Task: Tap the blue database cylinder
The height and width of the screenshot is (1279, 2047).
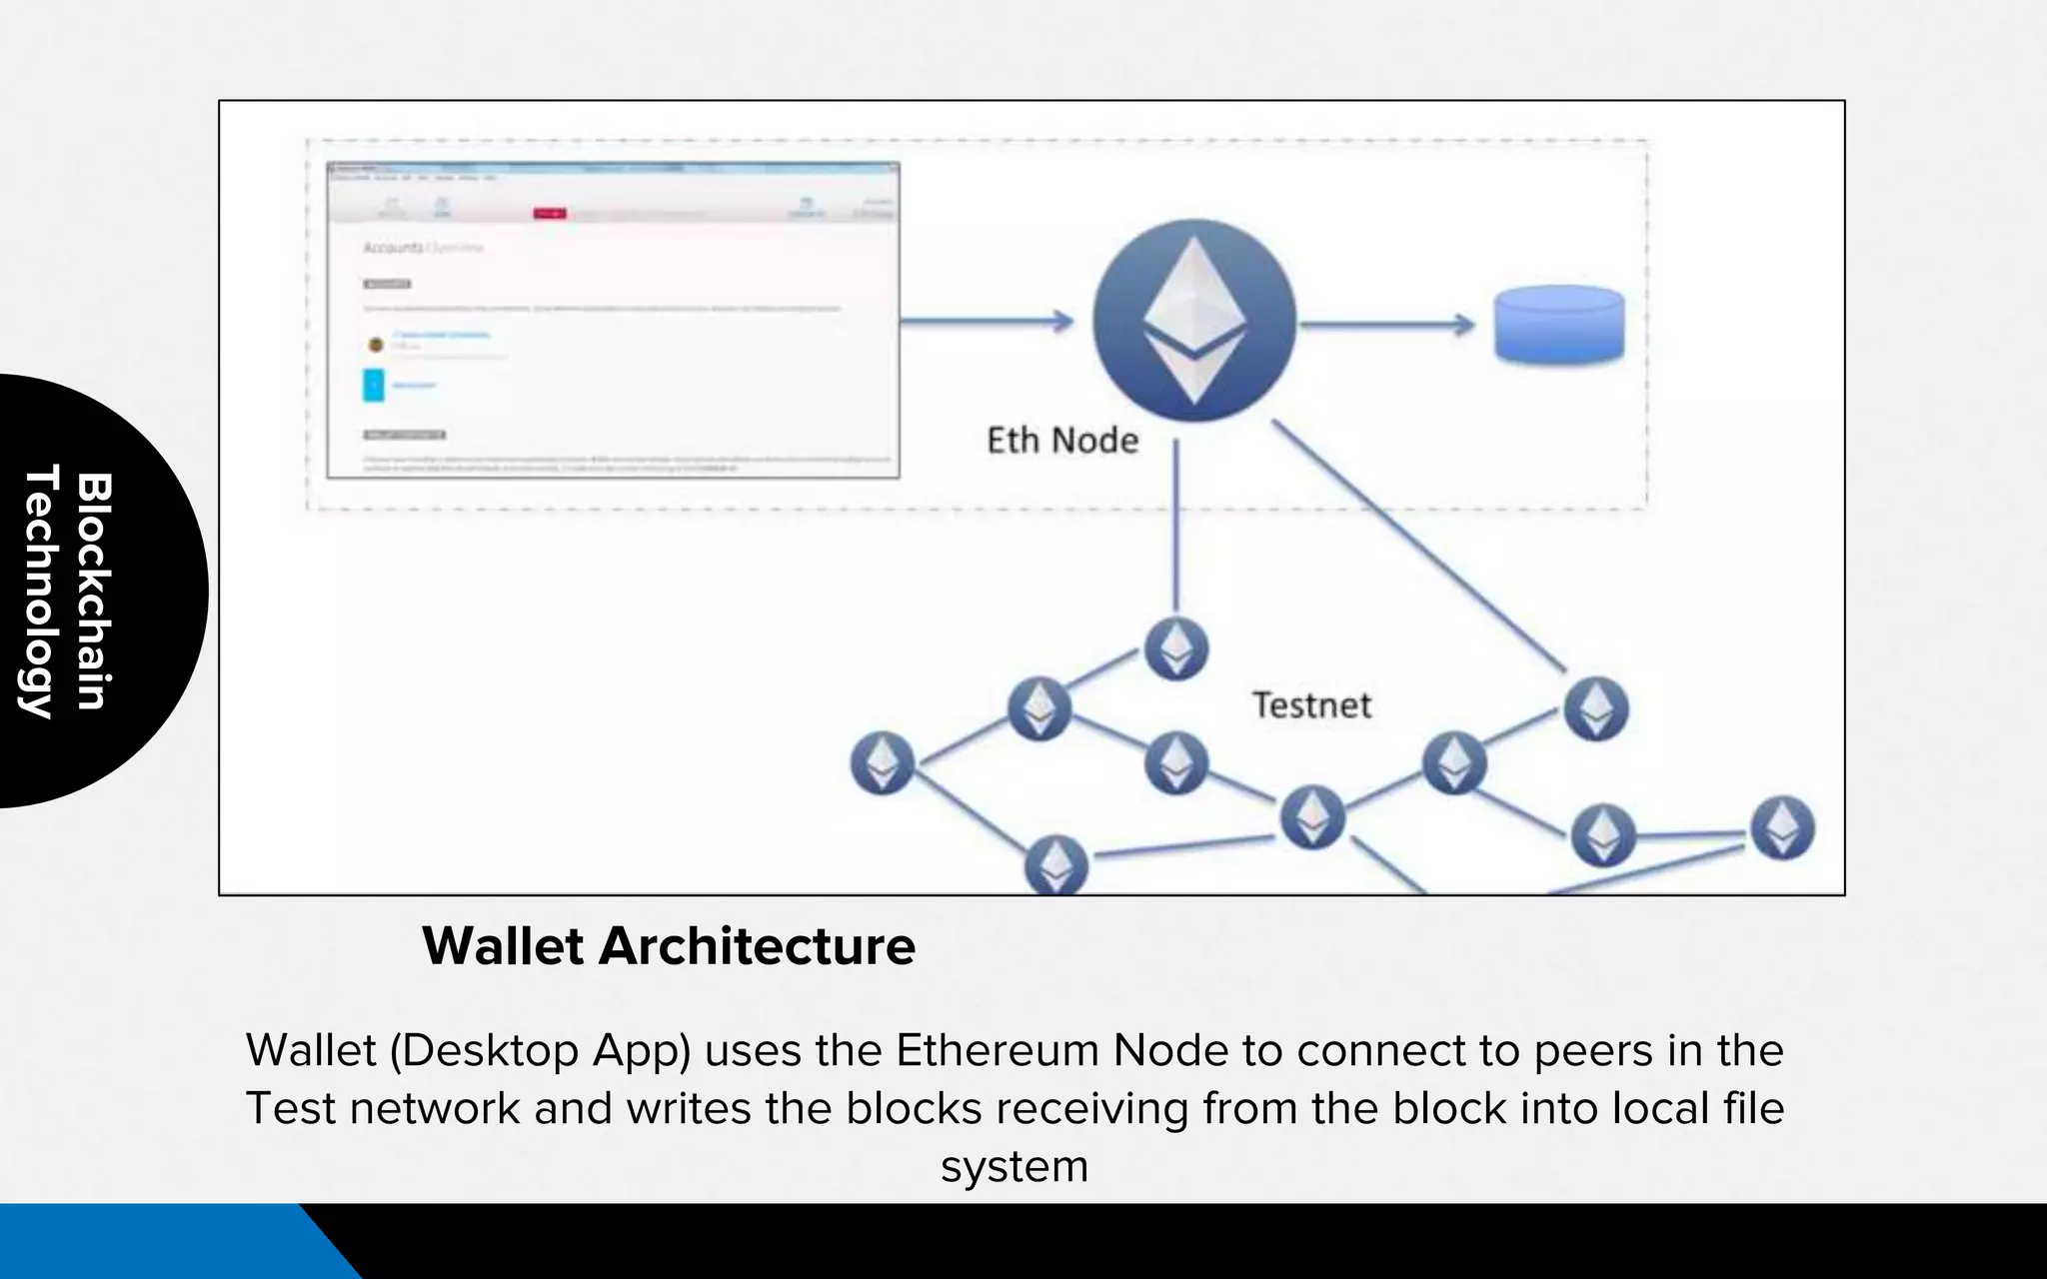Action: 1558,325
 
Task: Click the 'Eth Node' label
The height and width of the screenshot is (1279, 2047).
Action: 1062,441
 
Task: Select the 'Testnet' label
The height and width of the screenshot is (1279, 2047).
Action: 1311,705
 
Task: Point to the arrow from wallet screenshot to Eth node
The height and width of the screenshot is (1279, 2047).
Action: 986,322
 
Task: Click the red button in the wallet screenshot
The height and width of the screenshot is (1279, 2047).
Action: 549,213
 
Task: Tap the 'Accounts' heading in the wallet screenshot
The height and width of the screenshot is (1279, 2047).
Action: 393,247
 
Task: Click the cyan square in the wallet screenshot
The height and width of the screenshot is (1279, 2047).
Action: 374,385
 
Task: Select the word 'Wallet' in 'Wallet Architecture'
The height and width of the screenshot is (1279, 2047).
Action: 502,946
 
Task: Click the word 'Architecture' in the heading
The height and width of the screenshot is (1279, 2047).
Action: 757,946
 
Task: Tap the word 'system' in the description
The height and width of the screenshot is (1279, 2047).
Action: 1014,1167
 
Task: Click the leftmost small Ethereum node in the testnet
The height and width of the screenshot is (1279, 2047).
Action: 882,763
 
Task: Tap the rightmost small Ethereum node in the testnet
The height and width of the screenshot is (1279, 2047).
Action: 1782,828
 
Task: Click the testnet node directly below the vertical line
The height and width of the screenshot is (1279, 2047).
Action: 1175,648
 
